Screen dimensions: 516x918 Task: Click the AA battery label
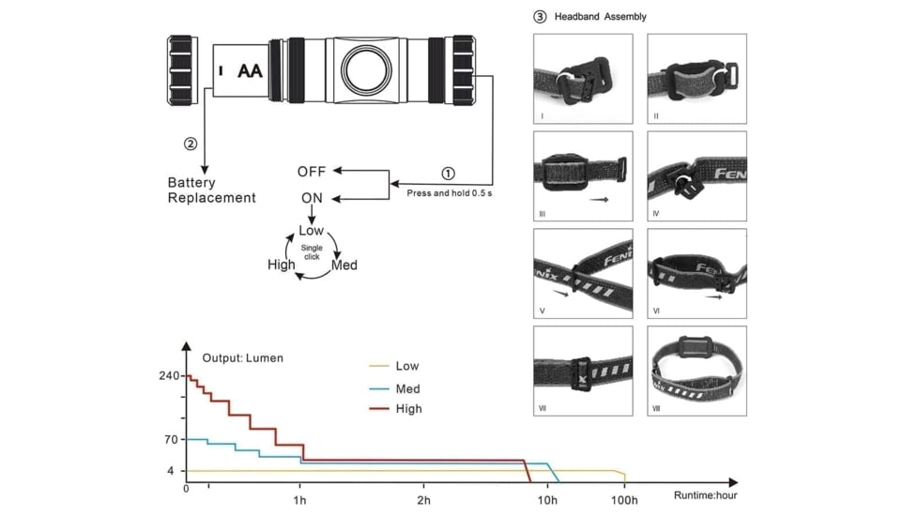(x=250, y=70)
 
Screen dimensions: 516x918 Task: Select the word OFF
(x=312, y=172)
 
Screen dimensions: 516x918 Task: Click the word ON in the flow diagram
(x=312, y=198)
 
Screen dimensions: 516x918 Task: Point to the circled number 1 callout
(x=448, y=174)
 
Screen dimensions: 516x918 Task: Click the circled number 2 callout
(x=191, y=144)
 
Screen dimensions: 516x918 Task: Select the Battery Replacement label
(x=211, y=190)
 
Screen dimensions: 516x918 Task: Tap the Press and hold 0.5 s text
(x=449, y=193)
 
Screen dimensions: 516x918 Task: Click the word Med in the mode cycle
(x=344, y=266)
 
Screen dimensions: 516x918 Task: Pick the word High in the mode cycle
(x=282, y=266)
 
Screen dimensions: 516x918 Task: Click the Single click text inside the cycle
(x=312, y=252)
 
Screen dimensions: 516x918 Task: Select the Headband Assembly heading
(x=600, y=16)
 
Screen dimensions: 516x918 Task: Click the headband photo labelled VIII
(x=696, y=371)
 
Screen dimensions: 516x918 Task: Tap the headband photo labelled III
(x=583, y=175)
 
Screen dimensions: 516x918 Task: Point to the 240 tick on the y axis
(x=169, y=376)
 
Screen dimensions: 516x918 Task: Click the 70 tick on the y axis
(x=171, y=439)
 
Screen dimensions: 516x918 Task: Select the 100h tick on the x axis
(x=624, y=500)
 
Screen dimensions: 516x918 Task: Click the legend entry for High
(x=408, y=409)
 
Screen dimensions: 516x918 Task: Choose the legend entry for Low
(x=407, y=366)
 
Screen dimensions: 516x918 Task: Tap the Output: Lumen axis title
(x=242, y=358)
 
